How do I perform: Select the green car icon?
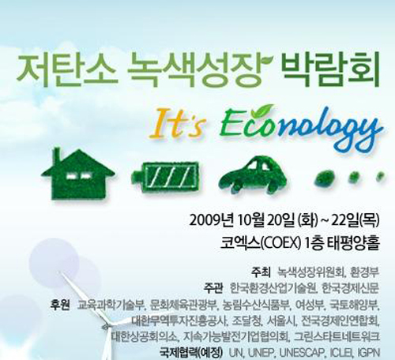tap(253, 174)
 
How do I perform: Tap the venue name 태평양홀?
tap(354, 244)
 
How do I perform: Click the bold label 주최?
tap(261, 272)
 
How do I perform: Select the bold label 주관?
tap(213, 288)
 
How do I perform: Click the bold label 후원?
tap(61, 305)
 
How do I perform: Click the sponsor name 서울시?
tap(280, 321)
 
